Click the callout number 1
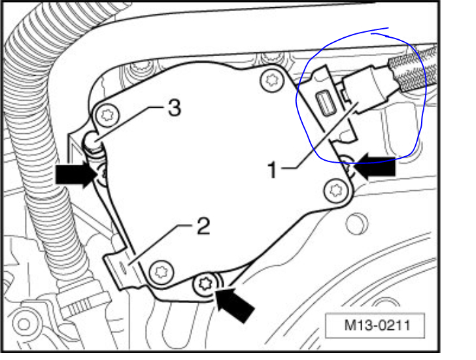click(274, 170)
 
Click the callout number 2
click(203, 227)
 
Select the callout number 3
click(173, 109)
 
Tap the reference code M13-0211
click(375, 323)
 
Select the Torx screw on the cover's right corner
click(336, 191)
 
